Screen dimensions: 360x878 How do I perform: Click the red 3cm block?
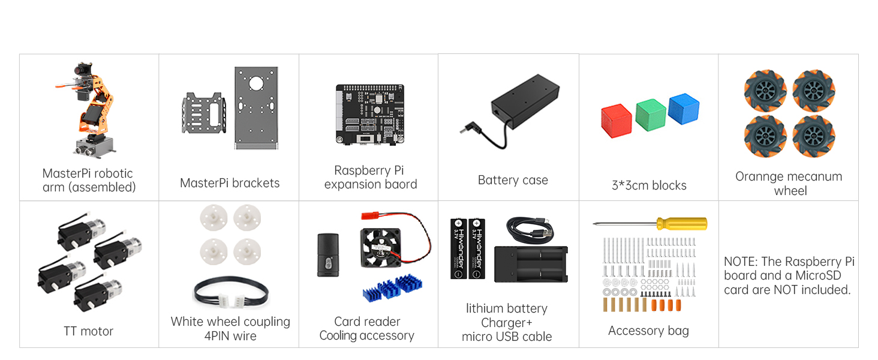617,120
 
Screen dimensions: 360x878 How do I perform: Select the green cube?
651,115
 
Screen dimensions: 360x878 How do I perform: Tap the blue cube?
684,109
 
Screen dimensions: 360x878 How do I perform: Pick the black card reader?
327,254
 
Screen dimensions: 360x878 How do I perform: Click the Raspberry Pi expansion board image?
369,113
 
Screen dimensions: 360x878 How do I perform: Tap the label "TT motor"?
89,331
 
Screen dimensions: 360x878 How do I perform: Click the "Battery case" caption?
513,180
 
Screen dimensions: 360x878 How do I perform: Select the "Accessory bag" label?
648,331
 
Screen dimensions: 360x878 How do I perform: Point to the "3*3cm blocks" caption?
649,185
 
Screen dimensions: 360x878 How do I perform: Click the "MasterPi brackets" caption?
230,183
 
